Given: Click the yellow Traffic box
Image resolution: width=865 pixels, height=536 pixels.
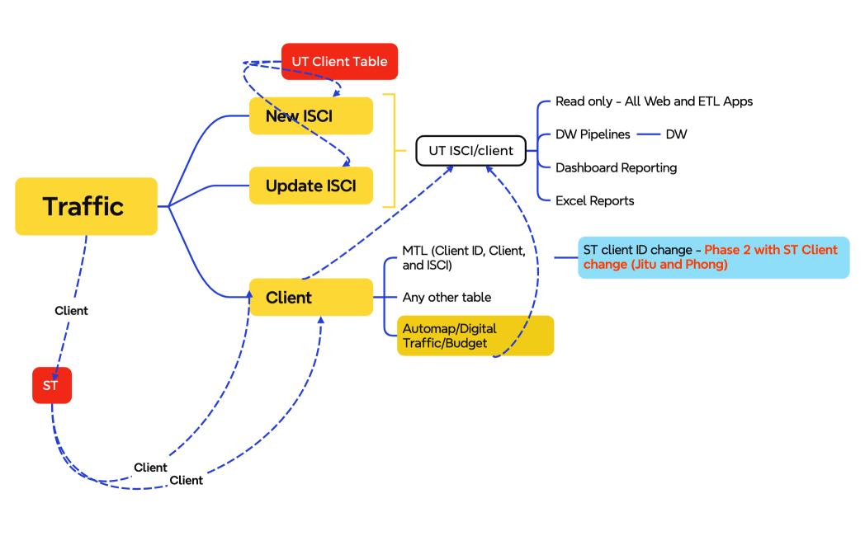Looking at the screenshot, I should [86, 206].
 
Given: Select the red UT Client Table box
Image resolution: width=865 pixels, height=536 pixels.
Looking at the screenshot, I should [339, 62].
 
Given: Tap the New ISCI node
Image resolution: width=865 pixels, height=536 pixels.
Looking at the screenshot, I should [311, 116].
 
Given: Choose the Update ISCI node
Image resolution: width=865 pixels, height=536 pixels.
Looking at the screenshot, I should [311, 186].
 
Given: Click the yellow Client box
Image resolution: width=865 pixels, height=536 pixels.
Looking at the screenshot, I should [311, 297].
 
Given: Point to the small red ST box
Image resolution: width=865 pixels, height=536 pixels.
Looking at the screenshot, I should [51, 385].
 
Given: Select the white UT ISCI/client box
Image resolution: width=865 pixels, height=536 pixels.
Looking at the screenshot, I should [470, 151].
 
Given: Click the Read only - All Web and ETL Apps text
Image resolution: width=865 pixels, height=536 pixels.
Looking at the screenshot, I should [654, 101].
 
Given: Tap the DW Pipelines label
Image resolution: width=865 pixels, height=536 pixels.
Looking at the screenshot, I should [593, 134].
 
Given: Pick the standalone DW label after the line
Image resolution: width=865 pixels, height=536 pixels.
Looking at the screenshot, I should [676, 134].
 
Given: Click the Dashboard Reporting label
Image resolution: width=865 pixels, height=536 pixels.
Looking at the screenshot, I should [616, 167].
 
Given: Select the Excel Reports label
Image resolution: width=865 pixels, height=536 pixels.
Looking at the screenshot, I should [594, 200].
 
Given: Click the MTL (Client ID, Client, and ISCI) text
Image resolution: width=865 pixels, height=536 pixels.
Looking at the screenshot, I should [463, 257].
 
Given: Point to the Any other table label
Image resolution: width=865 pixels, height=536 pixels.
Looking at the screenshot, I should [447, 297].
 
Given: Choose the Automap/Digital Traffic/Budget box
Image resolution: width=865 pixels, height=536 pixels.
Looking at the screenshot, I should [475, 336].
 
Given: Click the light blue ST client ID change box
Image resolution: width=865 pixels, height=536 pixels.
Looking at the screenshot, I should [713, 257].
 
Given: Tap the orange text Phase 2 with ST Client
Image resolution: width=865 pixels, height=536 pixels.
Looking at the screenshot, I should [770, 250].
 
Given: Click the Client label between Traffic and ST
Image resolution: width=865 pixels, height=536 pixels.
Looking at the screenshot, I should [71, 311].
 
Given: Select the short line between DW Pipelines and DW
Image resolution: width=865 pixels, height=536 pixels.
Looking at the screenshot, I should [647, 134].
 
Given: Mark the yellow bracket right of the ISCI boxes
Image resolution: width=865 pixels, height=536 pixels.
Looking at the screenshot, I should [395, 151].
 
